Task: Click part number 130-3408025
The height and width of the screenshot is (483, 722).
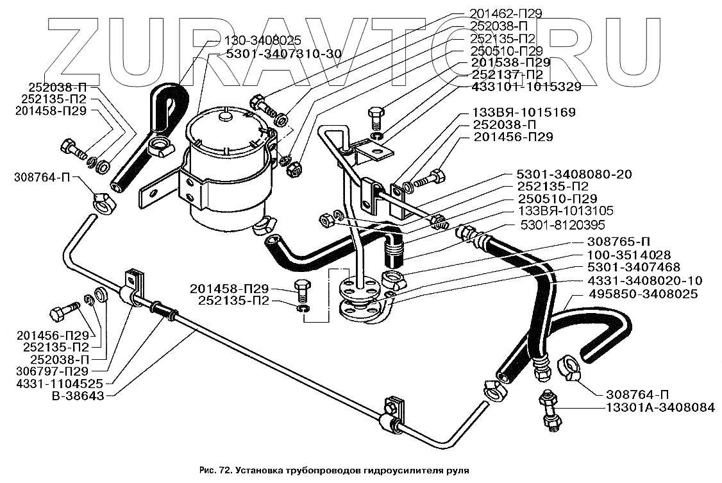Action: pyautogui.click(x=263, y=40)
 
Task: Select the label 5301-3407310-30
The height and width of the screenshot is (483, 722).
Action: pyautogui.click(x=283, y=54)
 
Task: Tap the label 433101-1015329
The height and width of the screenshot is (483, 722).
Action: pyautogui.click(x=526, y=87)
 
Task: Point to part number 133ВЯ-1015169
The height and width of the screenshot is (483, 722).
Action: pyautogui.click(x=523, y=112)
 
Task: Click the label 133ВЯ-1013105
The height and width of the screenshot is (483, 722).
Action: pyautogui.click(x=566, y=211)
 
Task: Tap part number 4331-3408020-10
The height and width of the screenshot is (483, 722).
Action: pyautogui.click(x=644, y=280)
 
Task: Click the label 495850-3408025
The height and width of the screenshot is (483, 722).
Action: pyautogui.click(x=642, y=293)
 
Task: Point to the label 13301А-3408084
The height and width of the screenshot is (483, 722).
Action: pyautogui.click(x=659, y=407)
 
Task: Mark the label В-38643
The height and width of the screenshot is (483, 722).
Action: pyautogui.click(x=77, y=395)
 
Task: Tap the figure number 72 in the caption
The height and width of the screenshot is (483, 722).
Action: pyautogui.click(x=223, y=470)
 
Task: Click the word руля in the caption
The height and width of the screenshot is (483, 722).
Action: pyautogui.click(x=458, y=471)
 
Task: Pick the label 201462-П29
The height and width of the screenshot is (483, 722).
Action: pyautogui.click(x=505, y=14)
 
